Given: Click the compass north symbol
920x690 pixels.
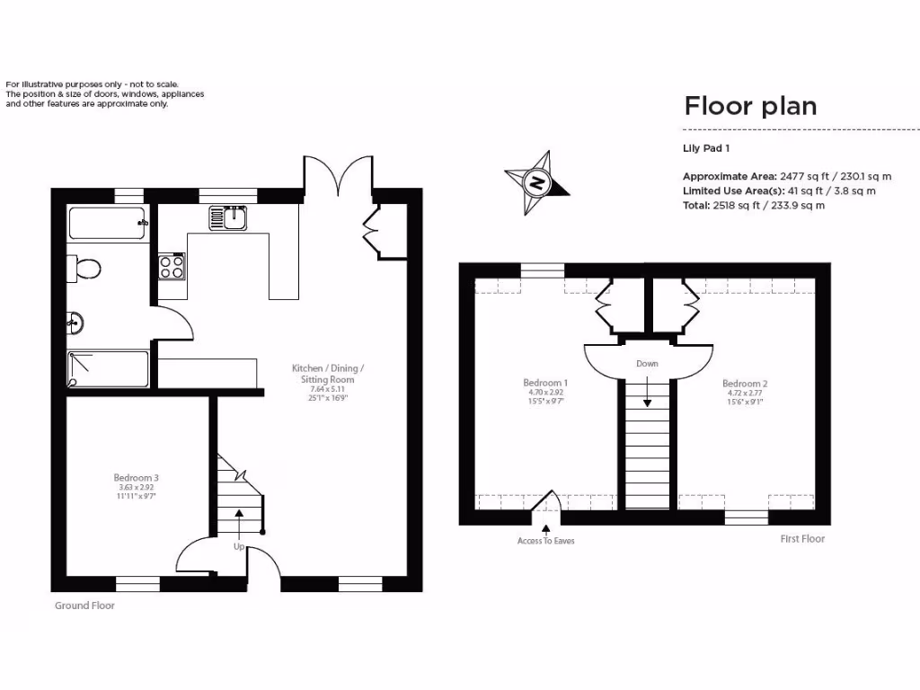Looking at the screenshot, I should pyautogui.click(x=536, y=182).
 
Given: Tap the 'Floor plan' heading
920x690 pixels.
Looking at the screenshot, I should pyautogui.click(x=750, y=106).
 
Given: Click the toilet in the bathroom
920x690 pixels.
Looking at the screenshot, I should pyautogui.click(x=86, y=268).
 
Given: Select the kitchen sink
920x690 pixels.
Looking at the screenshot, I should pyautogui.click(x=228, y=217).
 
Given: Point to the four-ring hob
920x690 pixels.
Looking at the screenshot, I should pyautogui.click(x=172, y=266).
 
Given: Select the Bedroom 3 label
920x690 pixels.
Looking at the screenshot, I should pyautogui.click(x=137, y=477).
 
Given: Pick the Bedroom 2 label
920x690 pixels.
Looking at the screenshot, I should pyautogui.click(x=745, y=384).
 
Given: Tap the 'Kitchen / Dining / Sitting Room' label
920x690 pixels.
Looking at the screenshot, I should pyautogui.click(x=328, y=374).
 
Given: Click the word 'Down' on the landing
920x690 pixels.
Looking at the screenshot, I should pyautogui.click(x=647, y=364).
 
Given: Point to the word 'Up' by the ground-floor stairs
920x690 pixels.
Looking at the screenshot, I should pyautogui.click(x=239, y=546).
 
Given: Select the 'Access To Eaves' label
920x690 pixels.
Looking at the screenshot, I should pyautogui.click(x=545, y=541).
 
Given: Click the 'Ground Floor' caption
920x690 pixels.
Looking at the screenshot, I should pyautogui.click(x=84, y=606).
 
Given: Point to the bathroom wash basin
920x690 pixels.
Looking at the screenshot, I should pyautogui.click(x=75, y=322).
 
